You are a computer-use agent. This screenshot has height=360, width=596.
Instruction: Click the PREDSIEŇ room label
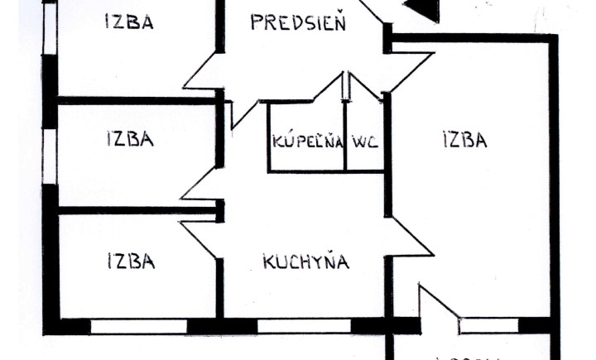(x=298, y=22)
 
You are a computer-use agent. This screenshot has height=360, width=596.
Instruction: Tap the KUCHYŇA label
(x=305, y=262)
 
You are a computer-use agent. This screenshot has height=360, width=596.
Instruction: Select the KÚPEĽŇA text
(x=307, y=141)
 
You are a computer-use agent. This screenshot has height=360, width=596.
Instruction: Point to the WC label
(x=365, y=141)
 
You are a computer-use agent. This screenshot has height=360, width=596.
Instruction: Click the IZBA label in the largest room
(x=464, y=140)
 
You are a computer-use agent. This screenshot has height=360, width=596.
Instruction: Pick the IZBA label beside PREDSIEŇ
(x=129, y=22)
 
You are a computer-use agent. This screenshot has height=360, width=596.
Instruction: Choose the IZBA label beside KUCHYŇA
(x=131, y=262)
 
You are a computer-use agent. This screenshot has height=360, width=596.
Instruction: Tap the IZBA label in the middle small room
(x=129, y=138)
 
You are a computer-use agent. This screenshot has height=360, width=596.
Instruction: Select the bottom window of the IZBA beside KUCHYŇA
(x=137, y=325)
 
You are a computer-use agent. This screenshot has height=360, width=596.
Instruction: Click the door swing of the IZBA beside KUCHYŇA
(x=201, y=239)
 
